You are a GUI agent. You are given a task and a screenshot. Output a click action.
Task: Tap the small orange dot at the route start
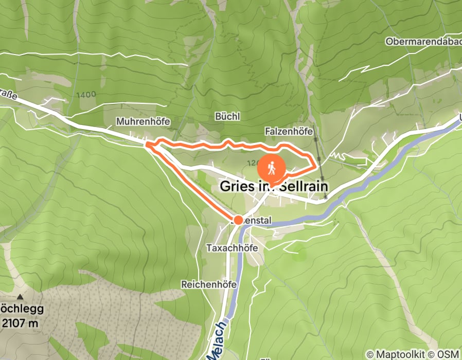[x=238, y=220]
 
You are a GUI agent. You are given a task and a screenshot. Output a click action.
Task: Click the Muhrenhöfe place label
[x=143, y=121]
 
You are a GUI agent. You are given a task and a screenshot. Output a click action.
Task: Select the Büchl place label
[x=227, y=117]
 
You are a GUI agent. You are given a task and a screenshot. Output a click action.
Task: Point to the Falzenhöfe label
[x=290, y=132]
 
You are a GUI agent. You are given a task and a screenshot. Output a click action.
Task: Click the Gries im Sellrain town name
[x=274, y=186]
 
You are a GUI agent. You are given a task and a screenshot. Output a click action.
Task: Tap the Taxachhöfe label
[x=232, y=247]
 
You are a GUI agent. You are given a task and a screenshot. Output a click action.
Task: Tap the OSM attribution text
[x=449, y=354]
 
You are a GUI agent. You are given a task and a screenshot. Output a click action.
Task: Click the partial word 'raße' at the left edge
[x=7, y=95]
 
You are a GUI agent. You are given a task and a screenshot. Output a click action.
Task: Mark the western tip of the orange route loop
[x=148, y=145]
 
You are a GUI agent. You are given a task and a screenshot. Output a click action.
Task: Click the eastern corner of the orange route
[x=314, y=165]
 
